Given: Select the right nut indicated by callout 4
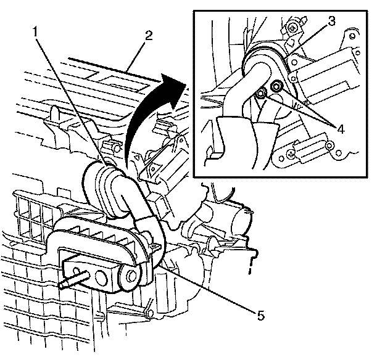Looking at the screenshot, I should pyautogui.click(x=276, y=87).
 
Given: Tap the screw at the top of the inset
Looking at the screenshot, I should pyautogui.click(x=291, y=27).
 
